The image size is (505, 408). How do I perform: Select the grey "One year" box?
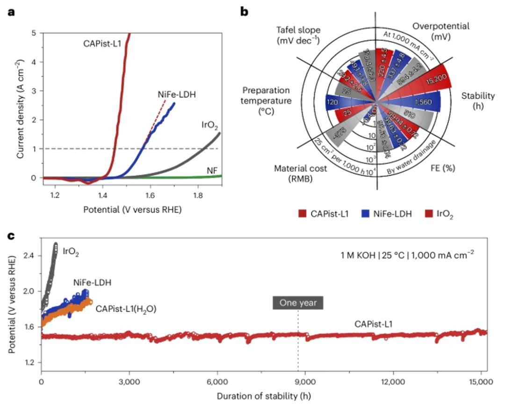[x=298, y=302]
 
